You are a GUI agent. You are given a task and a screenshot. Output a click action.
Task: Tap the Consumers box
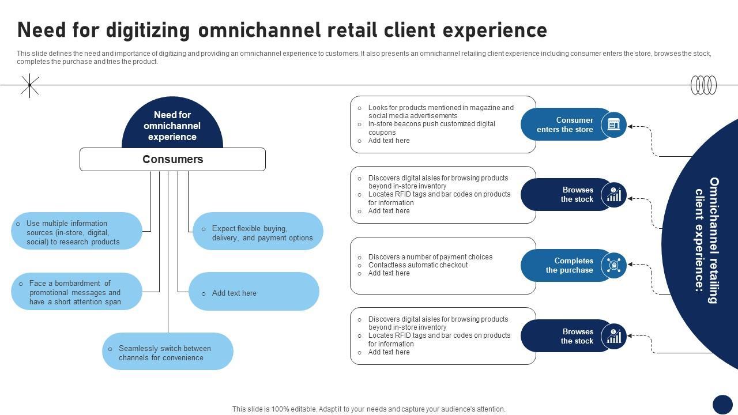172,160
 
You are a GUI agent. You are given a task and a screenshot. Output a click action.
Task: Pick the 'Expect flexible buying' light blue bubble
258,233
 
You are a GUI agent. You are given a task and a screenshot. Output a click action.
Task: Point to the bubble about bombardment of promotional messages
76,292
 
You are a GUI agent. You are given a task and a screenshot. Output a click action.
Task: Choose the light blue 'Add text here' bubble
254,293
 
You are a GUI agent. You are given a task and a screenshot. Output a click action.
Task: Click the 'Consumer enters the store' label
564,124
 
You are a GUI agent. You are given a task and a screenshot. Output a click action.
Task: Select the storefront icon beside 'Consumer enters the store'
613,124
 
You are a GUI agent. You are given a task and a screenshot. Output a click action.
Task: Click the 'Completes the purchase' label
569,265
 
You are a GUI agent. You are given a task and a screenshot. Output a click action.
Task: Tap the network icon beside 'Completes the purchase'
613,265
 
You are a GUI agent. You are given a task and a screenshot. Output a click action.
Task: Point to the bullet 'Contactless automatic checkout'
418,265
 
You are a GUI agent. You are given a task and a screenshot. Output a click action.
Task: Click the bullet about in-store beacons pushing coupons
431,128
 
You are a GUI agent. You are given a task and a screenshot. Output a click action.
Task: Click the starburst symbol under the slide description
29,85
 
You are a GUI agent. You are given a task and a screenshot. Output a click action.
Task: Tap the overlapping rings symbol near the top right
703,85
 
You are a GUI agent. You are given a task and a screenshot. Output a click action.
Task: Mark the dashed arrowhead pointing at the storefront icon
631,126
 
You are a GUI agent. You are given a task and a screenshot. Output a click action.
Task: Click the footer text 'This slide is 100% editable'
368,409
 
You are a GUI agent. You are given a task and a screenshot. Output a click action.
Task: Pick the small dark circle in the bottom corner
722,404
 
